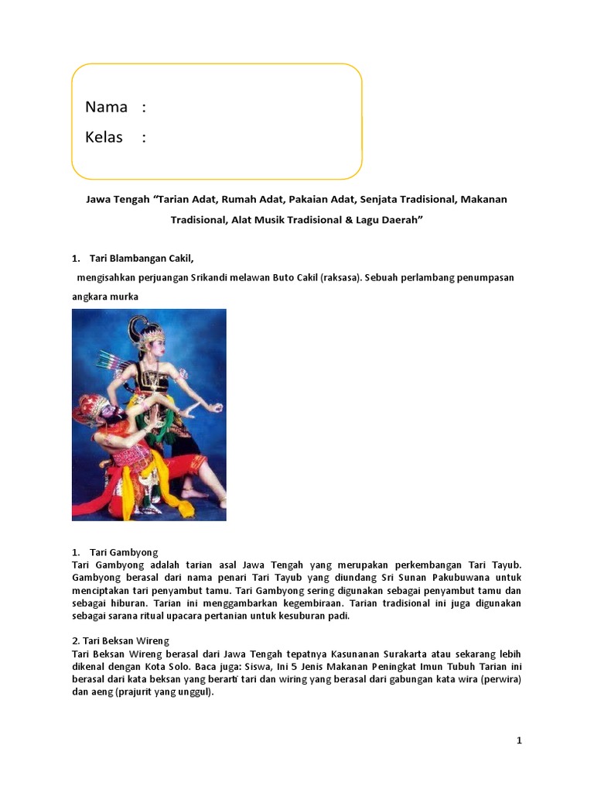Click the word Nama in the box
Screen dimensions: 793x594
[106, 107]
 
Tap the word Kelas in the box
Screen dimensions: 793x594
[104, 137]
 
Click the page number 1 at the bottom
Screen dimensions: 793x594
[520, 740]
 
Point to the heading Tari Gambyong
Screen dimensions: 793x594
[124, 552]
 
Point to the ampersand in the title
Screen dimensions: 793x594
[336, 220]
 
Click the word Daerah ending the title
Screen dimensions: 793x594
[401, 220]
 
